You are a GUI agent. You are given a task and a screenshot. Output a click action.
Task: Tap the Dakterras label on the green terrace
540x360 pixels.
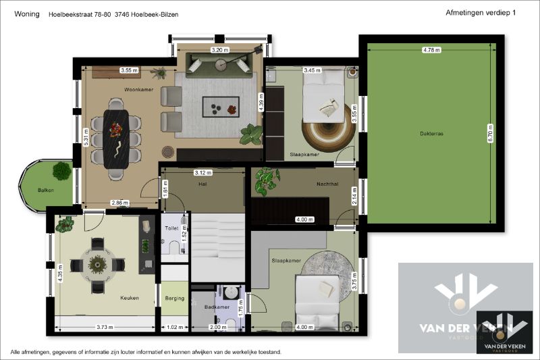431,134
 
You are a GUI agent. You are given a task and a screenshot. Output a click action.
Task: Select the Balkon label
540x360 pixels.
46,190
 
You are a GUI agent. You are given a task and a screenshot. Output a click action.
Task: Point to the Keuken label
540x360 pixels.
130,297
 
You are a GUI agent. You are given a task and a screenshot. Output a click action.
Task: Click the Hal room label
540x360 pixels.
202,184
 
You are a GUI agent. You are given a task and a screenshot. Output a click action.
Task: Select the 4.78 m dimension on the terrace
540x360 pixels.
431,50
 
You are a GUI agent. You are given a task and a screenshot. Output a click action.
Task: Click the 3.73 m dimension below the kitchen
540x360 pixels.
105,327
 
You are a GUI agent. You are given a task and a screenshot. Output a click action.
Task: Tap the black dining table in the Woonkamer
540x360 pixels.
117,138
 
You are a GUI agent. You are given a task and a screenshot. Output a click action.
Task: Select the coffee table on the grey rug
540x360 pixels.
221,105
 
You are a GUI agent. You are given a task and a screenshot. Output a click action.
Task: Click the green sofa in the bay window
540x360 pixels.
220,64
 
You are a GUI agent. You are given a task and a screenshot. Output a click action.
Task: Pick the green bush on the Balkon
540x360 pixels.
62,170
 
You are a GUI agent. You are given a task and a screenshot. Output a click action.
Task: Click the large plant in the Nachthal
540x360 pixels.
267,180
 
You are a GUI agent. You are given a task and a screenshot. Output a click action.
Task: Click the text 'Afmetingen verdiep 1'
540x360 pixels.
481,13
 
